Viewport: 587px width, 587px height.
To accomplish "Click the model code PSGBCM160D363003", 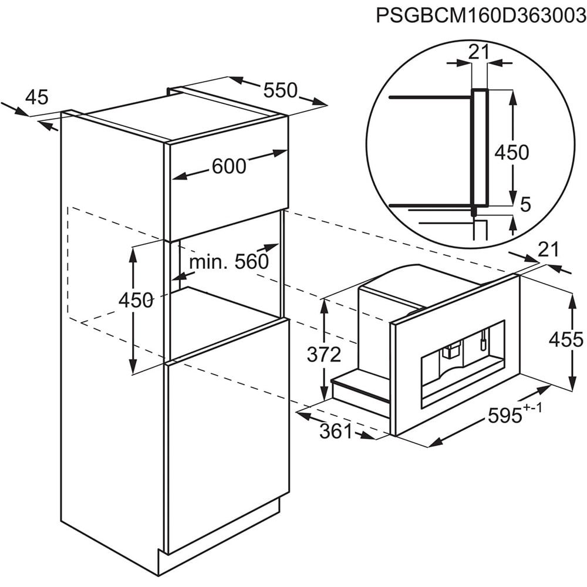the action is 481,16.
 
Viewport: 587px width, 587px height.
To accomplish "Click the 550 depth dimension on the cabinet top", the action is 280,90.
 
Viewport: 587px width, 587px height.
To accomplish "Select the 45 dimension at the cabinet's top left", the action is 36,97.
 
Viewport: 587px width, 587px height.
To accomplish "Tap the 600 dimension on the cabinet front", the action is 229,166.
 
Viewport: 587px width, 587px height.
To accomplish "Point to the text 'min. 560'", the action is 229,262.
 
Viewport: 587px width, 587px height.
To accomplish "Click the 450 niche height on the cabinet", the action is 136,300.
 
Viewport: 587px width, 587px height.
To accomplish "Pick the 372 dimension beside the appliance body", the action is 324,354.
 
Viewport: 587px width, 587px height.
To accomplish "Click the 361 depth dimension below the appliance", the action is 336,431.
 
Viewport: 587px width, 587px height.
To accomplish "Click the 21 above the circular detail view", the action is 479,52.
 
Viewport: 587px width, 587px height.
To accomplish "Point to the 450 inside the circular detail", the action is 512,153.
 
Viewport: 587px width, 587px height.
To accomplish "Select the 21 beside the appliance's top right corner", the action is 548,249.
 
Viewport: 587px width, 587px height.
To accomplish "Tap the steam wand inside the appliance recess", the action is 484,339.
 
